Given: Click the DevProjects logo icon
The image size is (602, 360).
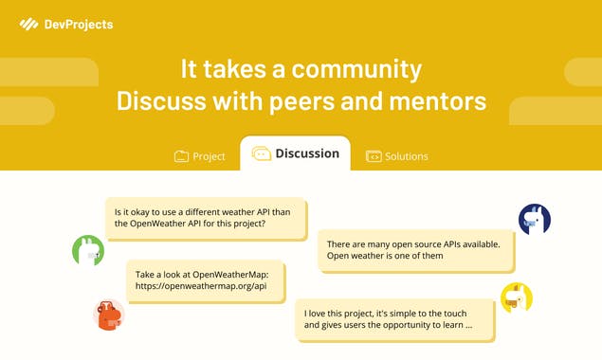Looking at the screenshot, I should pyautogui.click(x=28, y=24).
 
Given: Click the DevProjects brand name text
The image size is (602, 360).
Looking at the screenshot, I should pyautogui.click(x=79, y=24).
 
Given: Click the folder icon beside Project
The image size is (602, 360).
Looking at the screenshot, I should pyautogui.click(x=181, y=156).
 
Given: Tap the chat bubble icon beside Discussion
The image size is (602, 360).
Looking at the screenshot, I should pyautogui.click(x=261, y=153).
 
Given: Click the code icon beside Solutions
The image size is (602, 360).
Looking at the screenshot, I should pyautogui.click(x=374, y=156).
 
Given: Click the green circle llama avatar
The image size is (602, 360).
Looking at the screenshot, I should pyautogui.click(x=88, y=251).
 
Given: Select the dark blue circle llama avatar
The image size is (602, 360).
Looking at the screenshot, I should pyautogui.click(x=535, y=220).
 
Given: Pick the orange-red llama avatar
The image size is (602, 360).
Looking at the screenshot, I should pyautogui.click(x=110, y=315).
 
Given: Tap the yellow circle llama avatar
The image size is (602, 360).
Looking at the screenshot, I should pyautogui.click(x=517, y=297).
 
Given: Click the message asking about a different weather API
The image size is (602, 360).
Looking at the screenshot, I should pyautogui.click(x=206, y=218).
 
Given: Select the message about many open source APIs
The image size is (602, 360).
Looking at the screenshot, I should pyautogui.click(x=415, y=250).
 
